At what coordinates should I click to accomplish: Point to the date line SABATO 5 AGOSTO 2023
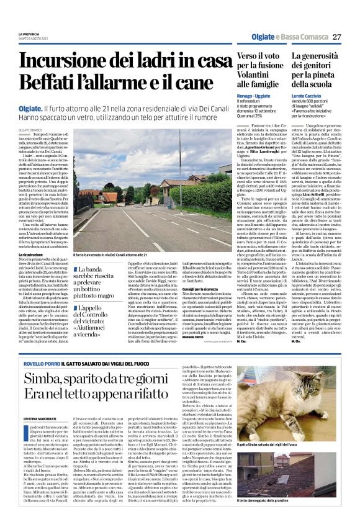click(x=32, y=38)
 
